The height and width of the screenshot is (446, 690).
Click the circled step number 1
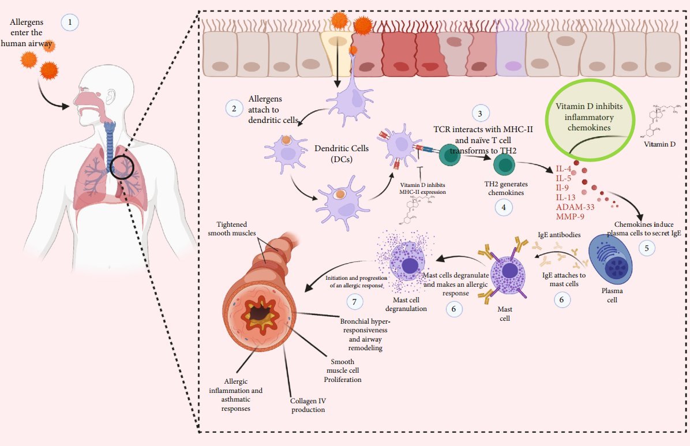tap(70, 23)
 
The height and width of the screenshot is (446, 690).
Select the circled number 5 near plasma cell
tap(646, 248)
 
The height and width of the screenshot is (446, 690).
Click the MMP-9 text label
tap(571, 216)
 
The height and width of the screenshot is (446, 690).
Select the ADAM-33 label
tap(575, 206)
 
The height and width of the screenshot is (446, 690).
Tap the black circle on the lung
tap(122, 168)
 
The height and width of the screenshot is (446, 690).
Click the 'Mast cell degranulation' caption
tap(406, 305)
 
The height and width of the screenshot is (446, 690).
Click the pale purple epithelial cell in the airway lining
tap(510, 54)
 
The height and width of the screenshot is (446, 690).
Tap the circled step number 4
tap(504, 207)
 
